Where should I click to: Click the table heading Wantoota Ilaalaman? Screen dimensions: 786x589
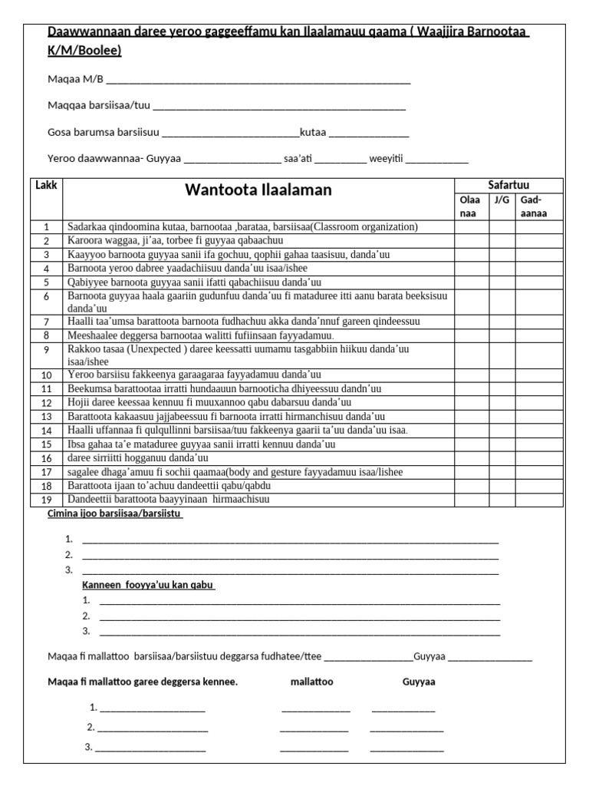pyautogui.click(x=258, y=190)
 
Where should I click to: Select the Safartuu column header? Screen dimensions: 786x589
pyautogui.click(x=508, y=185)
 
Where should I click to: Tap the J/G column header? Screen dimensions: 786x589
pyautogui.click(x=502, y=200)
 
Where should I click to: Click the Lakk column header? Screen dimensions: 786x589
pyautogui.click(x=46, y=185)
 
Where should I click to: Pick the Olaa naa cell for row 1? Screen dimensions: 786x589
pyautogui.click(x=472, y=227)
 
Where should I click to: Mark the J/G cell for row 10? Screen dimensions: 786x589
pyautogui.click(x=502, y=375)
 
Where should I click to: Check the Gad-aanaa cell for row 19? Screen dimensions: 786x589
pyautogui.click(x=538, y=500)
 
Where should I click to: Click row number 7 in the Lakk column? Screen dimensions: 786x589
pyautogui.click(x=46, y=322)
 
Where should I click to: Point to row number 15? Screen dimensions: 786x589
pyautogui.click(x=46, y=444)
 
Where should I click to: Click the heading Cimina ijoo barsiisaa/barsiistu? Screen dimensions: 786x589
pyautogui.click(x=115, y=514)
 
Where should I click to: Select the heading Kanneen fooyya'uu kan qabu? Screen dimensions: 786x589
pyautogui.click(x=148, y=586)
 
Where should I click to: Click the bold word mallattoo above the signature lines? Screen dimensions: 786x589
pyautogui.click(x=312, y=682)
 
